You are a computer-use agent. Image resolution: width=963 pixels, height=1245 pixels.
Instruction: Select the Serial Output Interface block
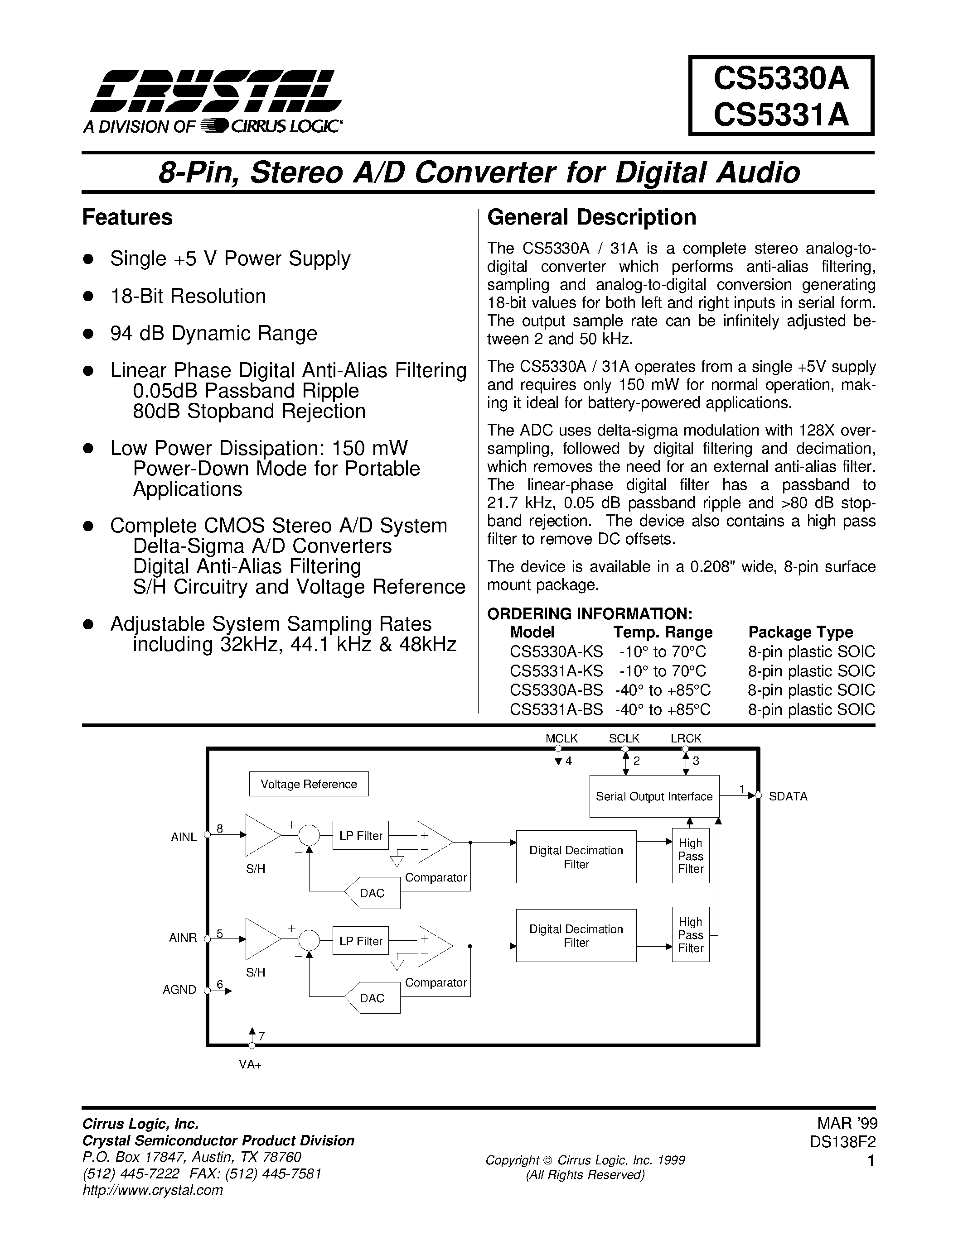[x=654, y=796]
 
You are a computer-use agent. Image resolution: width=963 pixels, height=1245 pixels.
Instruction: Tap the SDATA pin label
[x=788, y=796]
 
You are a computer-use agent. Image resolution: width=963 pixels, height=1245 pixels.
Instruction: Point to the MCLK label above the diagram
[x=561, y=738]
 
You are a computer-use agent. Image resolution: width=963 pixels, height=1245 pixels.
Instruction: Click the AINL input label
[x=184, y=837]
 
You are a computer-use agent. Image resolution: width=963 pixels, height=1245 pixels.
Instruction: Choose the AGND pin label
[x=180, y=990]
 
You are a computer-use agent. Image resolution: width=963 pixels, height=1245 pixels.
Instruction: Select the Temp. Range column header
[x=663, y=632]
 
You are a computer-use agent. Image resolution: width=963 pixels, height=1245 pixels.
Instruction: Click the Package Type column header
[x=800, y=632]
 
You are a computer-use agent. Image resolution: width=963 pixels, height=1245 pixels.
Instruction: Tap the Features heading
[x=127, y=217]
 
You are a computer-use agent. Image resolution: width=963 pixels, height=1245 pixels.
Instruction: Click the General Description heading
[x=591, y=217]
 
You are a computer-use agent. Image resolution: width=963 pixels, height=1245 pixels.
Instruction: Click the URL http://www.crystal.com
[x=153, y=1190]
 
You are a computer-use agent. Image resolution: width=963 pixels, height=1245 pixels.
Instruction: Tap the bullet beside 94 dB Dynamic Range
[x=88, y=334]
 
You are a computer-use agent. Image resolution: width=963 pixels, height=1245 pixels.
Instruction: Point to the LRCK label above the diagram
[x=686, y=738]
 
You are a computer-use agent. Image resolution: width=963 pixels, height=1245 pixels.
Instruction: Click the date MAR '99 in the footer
[x=847, y=1123]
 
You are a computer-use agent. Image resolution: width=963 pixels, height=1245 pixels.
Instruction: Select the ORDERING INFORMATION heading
[x=589, y=614]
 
